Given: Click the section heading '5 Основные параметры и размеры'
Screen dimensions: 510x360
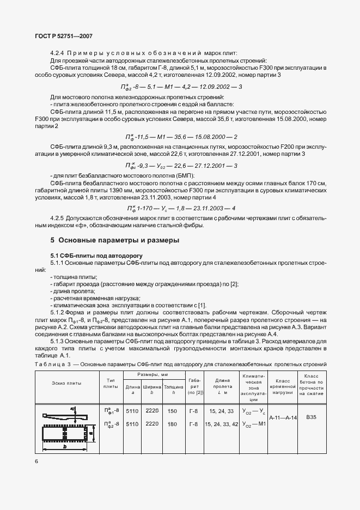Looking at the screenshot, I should point(115,240).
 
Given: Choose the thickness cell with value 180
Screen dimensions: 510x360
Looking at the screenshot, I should point(172,423).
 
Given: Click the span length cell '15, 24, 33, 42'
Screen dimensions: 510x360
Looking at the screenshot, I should point(222,423).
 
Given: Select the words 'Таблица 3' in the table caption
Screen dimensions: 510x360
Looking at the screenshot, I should point(52,364).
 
